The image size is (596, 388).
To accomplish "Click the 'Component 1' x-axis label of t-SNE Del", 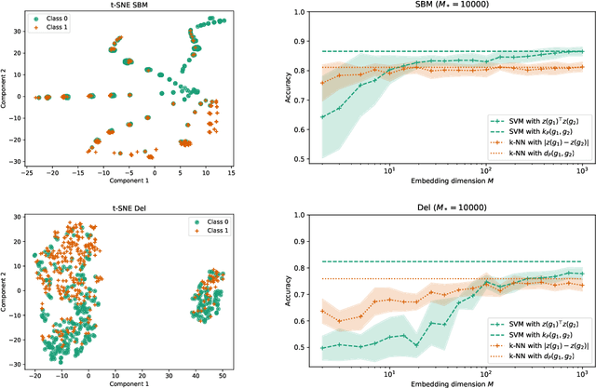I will [128, 382].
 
